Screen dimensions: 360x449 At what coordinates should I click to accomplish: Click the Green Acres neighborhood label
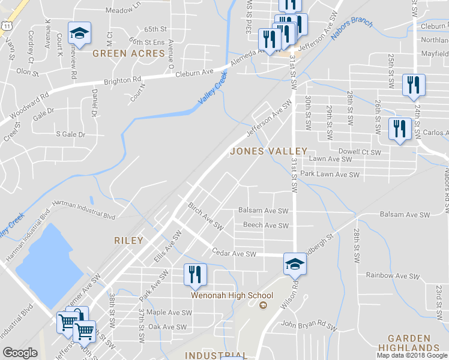coord(128,53)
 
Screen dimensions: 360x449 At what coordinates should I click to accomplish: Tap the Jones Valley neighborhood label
coord(268,151)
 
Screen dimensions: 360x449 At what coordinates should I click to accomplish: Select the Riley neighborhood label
coord(128,241)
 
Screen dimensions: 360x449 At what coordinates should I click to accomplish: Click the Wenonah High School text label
coord(232,295)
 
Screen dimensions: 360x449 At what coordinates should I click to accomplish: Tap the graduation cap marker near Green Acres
coord(79,34)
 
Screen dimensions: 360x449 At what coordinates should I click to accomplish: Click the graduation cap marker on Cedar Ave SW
coord(295,265)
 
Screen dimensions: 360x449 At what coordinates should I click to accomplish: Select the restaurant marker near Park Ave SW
coord(194,274)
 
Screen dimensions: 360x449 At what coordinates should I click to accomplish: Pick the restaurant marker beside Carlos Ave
coord(399,128)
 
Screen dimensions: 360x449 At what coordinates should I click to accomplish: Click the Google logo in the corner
coord(20,353)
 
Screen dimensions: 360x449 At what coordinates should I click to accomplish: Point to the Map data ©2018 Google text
coord(412,355)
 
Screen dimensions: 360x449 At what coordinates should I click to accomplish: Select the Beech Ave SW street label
coord(266,226)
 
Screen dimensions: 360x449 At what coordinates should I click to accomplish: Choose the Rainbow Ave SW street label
coord(393,275)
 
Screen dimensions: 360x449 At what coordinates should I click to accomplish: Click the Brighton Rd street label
coord(122,80)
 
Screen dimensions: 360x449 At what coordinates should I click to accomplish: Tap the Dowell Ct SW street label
coord(360,152)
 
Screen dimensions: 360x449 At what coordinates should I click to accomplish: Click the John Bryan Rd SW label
coord(306,326)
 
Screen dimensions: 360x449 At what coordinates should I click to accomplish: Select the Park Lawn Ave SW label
coord(330,175)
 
